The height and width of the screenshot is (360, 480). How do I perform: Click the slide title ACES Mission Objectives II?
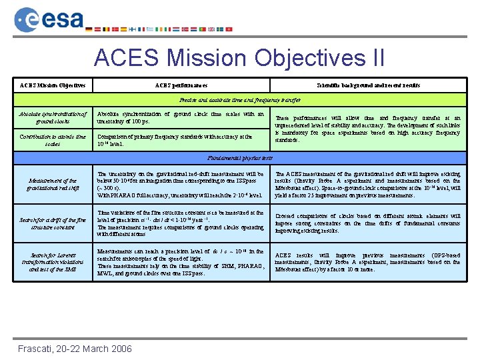(x=239, y=58)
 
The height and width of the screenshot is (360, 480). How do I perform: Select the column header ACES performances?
(x=181, y=86)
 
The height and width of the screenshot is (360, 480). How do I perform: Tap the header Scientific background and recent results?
(x=368, y=86)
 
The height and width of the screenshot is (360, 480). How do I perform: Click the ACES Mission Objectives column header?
(x=53, y=86)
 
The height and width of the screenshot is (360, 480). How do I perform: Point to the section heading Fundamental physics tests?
(x=240, y=158)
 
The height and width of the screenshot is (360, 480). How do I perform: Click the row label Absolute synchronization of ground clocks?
(x=53, y=118)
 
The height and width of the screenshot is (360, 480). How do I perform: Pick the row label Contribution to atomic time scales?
(x=53, y=140)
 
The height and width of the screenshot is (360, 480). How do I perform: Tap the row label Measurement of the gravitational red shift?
(x=53, y=184)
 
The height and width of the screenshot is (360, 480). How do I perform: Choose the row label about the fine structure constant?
(x=53, y=223)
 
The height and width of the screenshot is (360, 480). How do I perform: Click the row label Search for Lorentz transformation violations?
(x=53, y=262)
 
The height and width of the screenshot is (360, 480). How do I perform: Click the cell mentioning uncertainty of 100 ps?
(x=181, y=118)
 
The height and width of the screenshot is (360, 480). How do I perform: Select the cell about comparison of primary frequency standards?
(x=181, y=140)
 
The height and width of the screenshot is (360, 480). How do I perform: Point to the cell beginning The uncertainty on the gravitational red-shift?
(x=181, y=184)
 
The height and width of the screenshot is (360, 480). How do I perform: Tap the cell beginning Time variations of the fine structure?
(x=181, y=223)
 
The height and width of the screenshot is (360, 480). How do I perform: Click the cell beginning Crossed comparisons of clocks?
(x=368, y=223)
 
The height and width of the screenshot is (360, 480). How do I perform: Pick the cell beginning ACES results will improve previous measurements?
(x=368, y=262)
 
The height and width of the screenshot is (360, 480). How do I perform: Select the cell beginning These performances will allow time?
(x=368, y=129)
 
